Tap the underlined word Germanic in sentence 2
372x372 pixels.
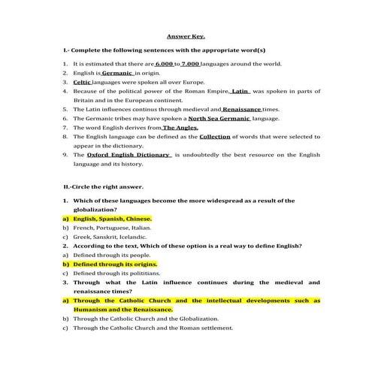click(x=117, y=75)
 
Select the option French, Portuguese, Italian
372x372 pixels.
click(x=112, y=228)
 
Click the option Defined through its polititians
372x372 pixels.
click(x=119, y=274)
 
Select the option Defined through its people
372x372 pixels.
click(x=111, y=255)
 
